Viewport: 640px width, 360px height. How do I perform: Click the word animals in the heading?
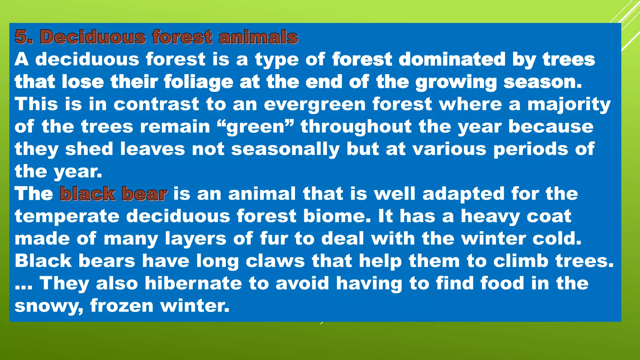[258, 37]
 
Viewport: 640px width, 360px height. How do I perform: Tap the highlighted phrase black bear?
[114, 194]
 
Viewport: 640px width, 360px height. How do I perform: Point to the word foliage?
[198, 82]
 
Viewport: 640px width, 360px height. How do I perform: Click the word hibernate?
[193, 283]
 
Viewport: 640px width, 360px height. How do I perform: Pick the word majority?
[569, 104]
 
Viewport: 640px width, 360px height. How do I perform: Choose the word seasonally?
[285, 149]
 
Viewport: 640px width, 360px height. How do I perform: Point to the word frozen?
[122, 306]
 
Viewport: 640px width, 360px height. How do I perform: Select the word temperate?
[67, 216]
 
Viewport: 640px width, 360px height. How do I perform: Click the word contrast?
[156, 104]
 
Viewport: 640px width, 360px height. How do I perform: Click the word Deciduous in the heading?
[93, 37]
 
